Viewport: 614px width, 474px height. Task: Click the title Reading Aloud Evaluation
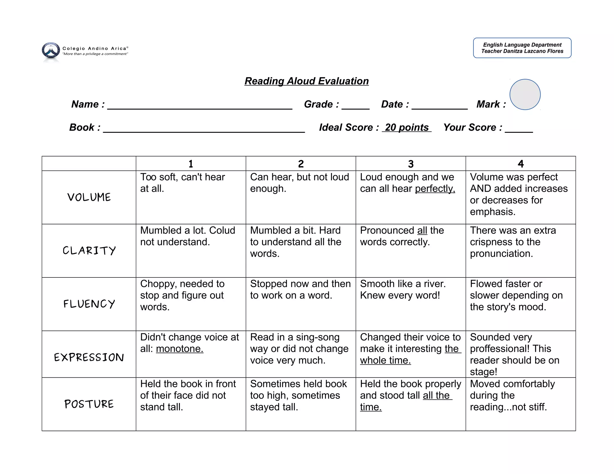click(x=306, y=81)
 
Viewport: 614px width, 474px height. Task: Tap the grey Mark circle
click(x=525, y=94)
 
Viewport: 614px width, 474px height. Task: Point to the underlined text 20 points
click(x=407, y=127)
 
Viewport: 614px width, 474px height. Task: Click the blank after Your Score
click(x=519, y=129)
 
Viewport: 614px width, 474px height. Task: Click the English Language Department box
click(x=522, y=48)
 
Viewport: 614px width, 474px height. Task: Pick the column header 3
click(x=410, y=164)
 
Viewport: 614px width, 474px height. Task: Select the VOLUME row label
click(x=89, y=197)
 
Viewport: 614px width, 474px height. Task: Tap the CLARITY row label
click(x=89, y=250)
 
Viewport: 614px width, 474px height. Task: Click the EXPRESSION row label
click(x=89, y=357)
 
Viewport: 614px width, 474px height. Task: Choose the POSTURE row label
click(x=89, y=404)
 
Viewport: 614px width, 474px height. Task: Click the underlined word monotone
click(x=180, y=349)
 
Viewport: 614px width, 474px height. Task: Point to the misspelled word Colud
click(x=222, y=230)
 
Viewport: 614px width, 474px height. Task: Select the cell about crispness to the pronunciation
click(x=513, y=242)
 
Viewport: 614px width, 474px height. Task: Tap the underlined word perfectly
click(x=435, y=189)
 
